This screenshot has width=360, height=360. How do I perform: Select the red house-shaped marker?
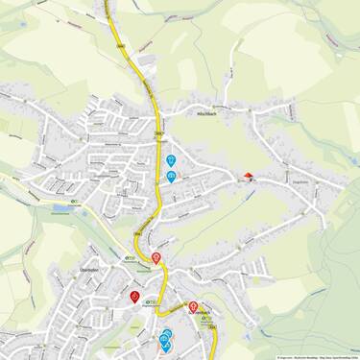(249, 176)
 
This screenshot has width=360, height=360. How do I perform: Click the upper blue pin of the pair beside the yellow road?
(171, 160)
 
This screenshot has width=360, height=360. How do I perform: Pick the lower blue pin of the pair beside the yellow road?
(171, 177)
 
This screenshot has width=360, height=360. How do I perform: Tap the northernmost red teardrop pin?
(156, 257)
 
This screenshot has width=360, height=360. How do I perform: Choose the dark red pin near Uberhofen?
(134, 297)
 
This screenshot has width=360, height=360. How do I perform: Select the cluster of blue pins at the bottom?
(165, 338)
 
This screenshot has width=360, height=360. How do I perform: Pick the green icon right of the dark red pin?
(147, 300)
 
